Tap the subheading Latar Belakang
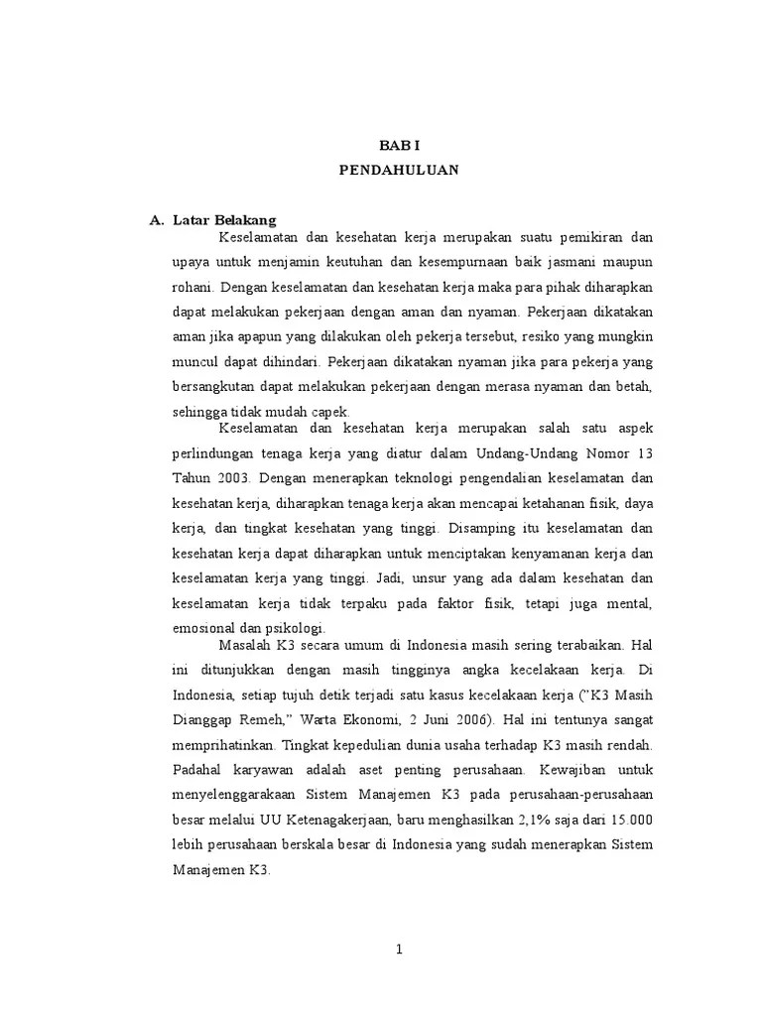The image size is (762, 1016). click(224, 219)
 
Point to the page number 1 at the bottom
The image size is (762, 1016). click(399, 949)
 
